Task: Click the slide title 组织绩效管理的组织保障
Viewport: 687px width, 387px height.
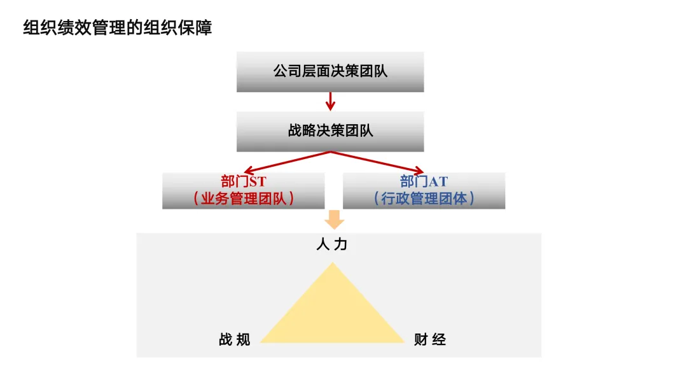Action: pos(117,28)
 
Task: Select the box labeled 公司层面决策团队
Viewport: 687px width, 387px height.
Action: pos(330,71)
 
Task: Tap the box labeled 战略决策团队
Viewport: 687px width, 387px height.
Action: pos(330,131)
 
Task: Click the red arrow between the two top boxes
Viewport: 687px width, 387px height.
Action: pos(330,101)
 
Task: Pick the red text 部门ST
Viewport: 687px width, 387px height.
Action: pos(243,181)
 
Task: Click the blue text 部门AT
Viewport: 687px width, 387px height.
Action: pos(424,181)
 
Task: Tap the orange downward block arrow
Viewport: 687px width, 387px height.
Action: pos(333,220)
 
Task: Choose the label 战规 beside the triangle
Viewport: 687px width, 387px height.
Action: pos(234,339)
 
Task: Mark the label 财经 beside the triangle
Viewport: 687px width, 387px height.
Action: pos(430,339)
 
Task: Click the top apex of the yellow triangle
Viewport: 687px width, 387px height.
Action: pos(333,264)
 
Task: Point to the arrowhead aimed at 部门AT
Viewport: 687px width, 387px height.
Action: pos(419,170)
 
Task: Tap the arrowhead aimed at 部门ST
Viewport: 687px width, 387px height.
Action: pos(248,170)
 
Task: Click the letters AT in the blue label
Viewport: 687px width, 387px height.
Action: pos(438,181)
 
